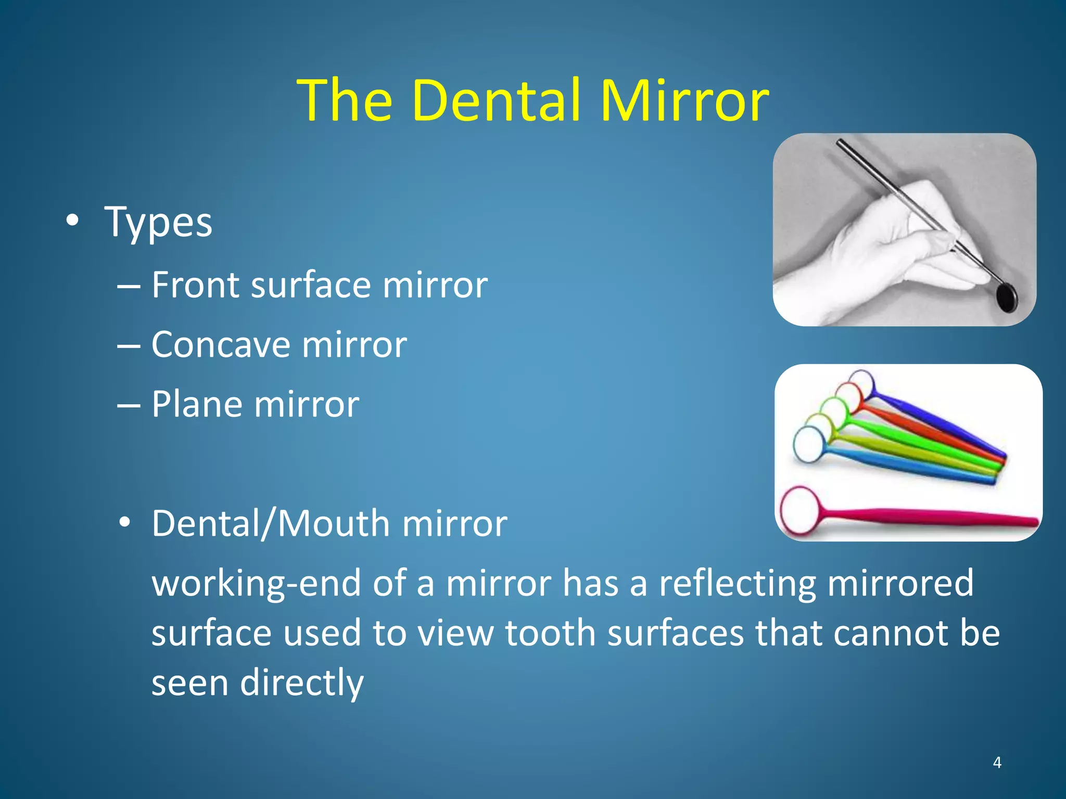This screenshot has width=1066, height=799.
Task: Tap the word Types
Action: coord(159,223)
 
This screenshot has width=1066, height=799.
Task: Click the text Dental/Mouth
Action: coord(271,523)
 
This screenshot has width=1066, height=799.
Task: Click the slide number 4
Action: coord(997,763)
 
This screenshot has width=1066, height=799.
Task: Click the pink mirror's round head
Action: coord(799,509)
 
